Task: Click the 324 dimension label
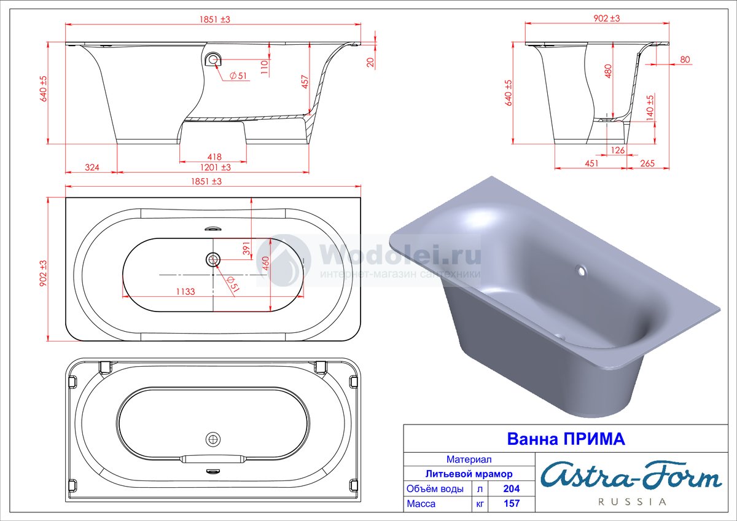(92, 168)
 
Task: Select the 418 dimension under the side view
(214, 157)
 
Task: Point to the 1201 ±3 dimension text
(216, 168)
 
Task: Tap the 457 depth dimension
(305, 82)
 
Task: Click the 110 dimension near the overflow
(265, 67)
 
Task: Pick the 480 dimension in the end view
(608, 71)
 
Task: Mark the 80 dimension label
(685, 60)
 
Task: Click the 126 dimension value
(618, 151)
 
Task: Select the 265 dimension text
(647, 163)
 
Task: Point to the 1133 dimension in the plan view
(185, 292)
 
